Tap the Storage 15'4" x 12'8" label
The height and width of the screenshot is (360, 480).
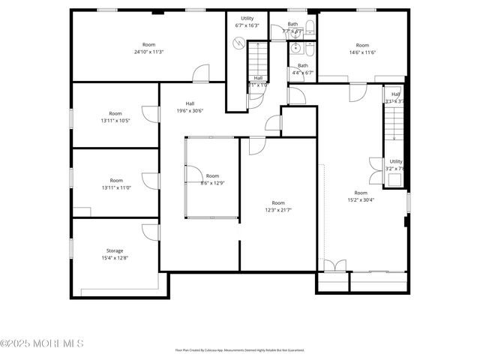115,254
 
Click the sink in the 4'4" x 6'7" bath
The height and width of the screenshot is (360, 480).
297,49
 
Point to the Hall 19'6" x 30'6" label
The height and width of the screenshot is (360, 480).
190,106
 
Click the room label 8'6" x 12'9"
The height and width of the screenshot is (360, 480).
213,178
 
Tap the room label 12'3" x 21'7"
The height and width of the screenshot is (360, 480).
278,206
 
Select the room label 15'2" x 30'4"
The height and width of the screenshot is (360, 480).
361,196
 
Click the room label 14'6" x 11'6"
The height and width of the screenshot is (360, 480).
362,48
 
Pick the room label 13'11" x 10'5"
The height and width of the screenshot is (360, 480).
115,116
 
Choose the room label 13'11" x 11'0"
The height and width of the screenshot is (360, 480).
115,184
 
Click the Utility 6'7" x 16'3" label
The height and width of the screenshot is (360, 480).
247,22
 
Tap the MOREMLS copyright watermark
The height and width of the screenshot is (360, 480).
42,343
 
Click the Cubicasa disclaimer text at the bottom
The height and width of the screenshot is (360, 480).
239,350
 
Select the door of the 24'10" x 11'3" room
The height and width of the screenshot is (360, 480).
201,73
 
